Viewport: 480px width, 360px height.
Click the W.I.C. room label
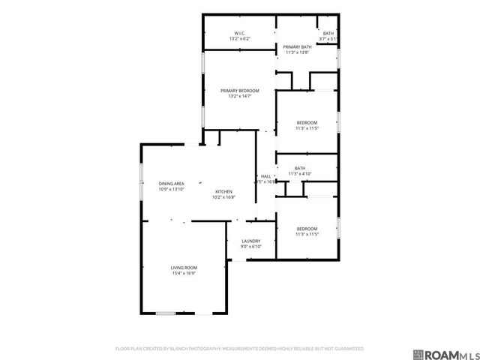click(239, 33)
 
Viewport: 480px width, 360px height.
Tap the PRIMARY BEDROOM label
click(239, 91)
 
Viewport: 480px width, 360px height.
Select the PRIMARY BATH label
click(296, 47)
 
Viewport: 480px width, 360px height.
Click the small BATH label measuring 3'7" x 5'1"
click(328, 33)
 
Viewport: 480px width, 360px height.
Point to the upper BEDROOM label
click(307, 122)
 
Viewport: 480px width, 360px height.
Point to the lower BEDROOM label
click(307, 229)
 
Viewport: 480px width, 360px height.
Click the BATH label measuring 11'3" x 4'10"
click(300, 168)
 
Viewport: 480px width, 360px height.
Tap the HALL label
click(265, 176)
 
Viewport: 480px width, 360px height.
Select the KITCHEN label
click(224, 191)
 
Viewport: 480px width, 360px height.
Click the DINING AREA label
click(171, 184)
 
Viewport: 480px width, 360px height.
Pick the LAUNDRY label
click(250, 241)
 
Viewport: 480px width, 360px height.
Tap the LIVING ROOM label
click(183, 268)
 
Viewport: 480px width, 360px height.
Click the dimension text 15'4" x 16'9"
click(183, 273)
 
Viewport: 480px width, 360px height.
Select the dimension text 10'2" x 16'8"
click(224, 197)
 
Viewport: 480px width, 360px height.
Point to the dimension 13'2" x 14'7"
click(239, 96)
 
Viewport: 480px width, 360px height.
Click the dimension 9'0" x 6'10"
click(250, 247)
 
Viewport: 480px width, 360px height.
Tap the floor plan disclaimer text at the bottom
click(239, 349)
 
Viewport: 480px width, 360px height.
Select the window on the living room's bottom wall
click(166, 313)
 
